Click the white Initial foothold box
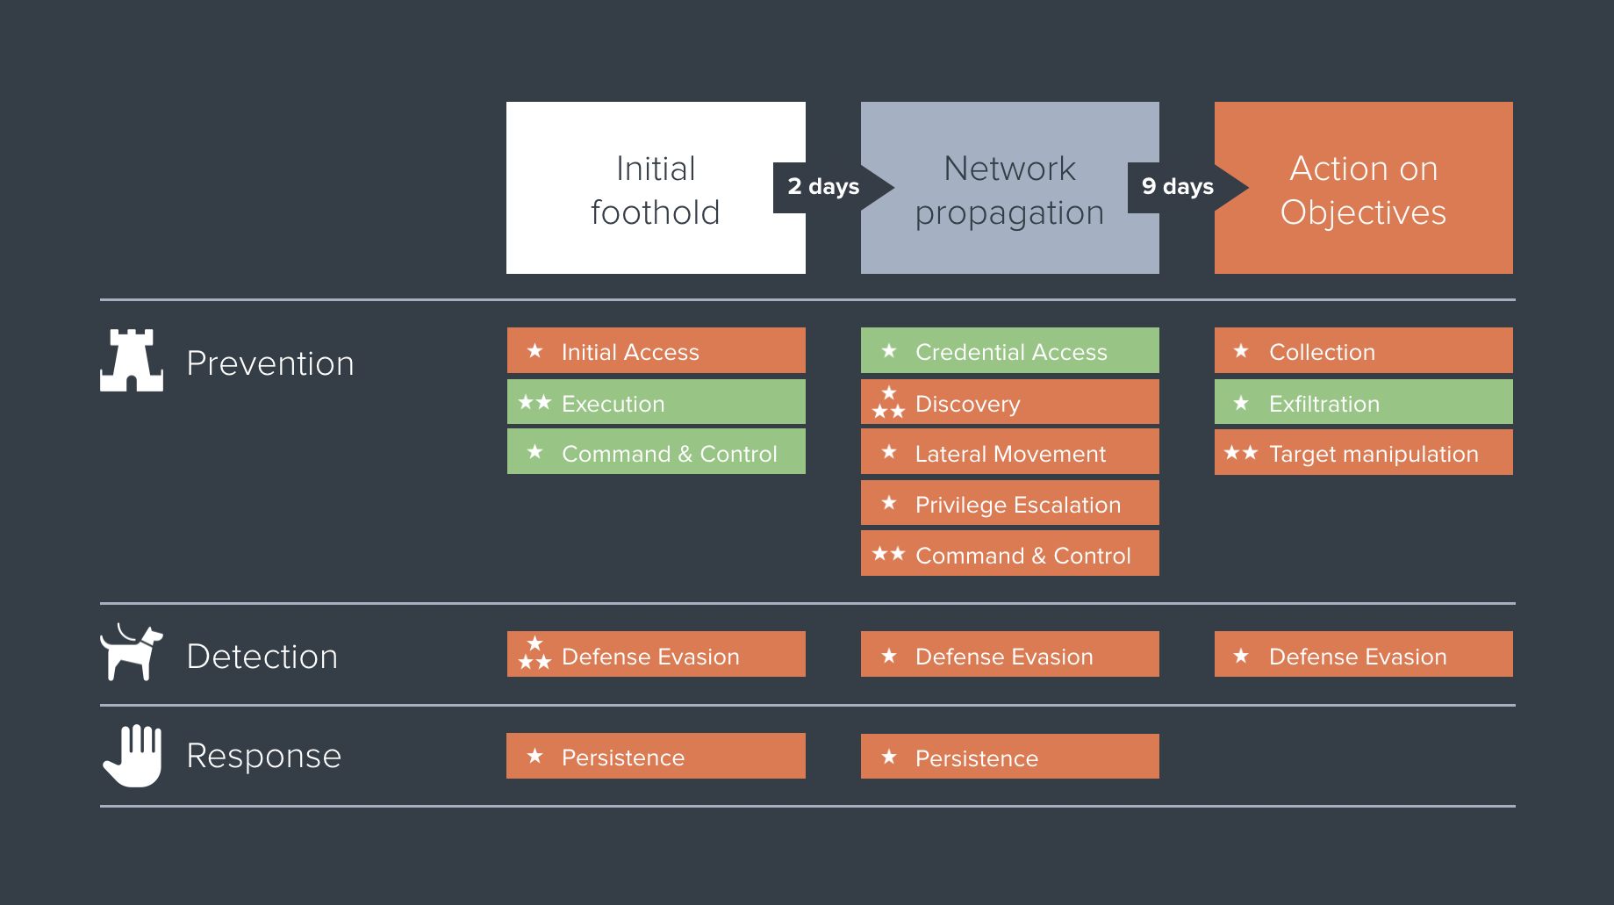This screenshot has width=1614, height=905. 655,188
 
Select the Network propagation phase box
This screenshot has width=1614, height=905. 1009,188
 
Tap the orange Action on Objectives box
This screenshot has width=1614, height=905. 1363,188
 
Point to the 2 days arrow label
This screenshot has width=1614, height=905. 823,187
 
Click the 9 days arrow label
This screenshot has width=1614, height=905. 1178,187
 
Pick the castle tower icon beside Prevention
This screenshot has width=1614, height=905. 132,361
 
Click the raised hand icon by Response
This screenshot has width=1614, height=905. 133,755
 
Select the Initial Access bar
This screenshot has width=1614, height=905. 656,351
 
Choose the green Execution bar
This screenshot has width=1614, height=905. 656,403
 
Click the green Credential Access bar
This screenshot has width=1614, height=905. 1009,351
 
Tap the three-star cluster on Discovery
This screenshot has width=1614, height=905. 888,403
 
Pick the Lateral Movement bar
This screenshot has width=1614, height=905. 1009,453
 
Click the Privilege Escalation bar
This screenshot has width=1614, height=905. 1009,504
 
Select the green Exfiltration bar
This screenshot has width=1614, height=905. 1363,403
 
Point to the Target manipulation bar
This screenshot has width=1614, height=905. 1363,453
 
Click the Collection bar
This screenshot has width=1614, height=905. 1363,351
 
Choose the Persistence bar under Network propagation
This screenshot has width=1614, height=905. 1009,757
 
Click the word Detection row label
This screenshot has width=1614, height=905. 262,657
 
